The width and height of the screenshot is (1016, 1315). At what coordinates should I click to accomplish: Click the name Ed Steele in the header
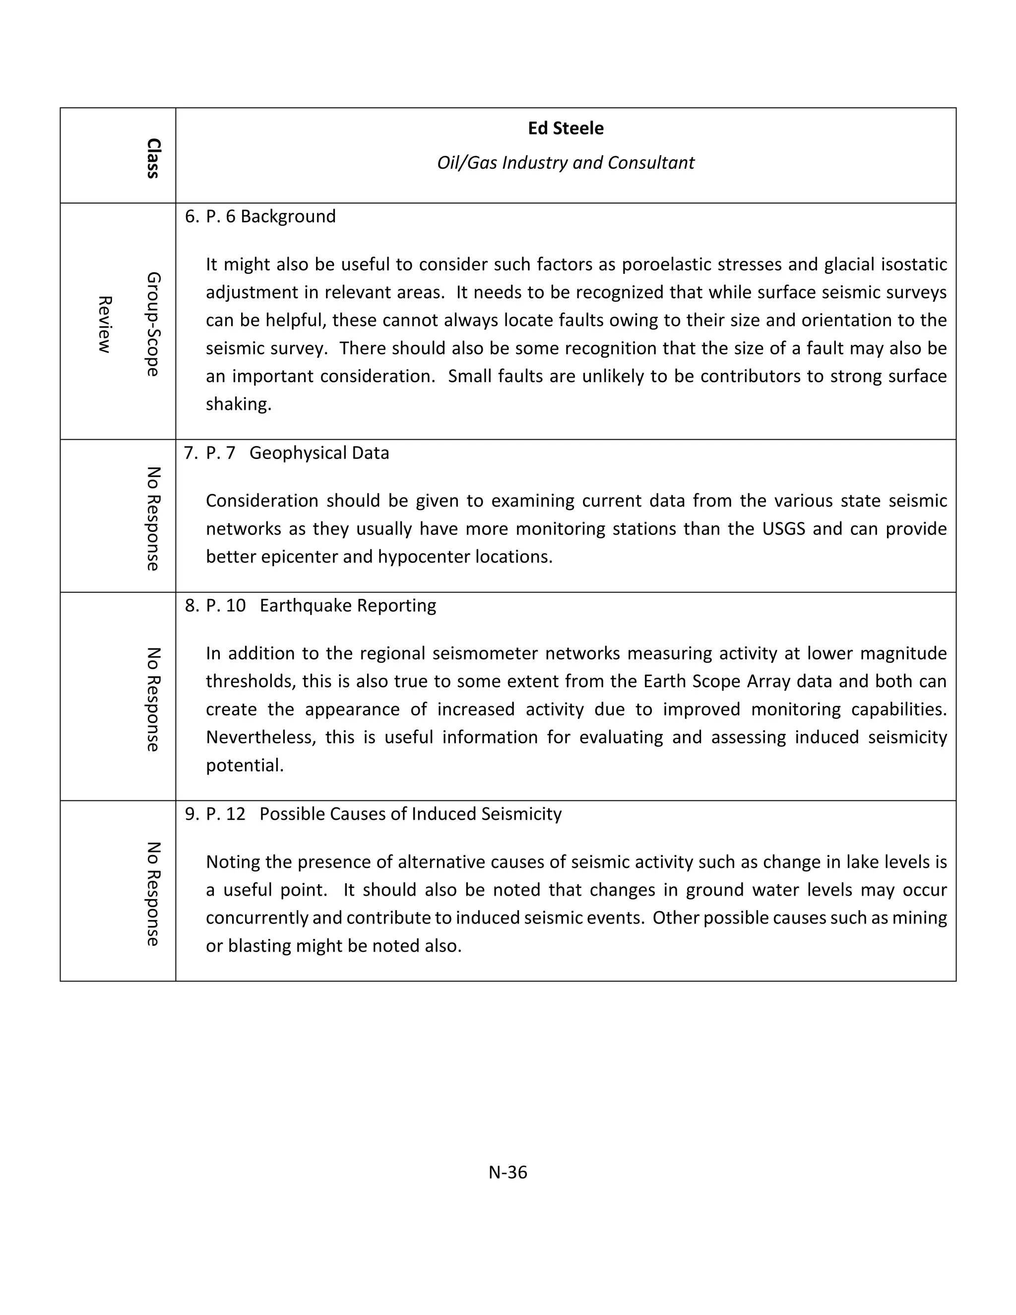click(x=565, y=128)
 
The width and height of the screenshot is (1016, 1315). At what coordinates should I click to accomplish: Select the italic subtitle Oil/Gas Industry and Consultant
click(x=565, y=163)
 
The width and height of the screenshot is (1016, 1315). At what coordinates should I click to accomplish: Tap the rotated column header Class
click(x=153, y=158)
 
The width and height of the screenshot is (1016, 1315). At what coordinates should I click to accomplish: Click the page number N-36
click(x=508, y=1172)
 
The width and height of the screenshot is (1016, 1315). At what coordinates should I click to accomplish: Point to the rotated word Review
click(x=105, y=324)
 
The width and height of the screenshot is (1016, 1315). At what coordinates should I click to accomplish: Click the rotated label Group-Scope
click(x=153, y=324)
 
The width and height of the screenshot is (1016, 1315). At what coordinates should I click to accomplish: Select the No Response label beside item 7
click(x=153, y=519)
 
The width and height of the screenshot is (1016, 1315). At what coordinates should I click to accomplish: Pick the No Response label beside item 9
click(x=153, y=894)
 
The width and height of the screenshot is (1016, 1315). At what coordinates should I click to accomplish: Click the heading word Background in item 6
click(x=288, y=216)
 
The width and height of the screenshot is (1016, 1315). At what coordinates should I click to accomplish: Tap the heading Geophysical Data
click(x=319, y=453)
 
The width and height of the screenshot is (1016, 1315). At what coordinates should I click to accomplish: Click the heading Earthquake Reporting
click(x=347, y=605)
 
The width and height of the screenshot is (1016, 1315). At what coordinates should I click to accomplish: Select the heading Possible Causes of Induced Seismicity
click(x=410, y=813)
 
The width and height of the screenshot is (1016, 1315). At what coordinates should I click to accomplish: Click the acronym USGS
click(x=784, y=528)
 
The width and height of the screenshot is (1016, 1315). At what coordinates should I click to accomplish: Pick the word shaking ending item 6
click(x=238, y=404)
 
